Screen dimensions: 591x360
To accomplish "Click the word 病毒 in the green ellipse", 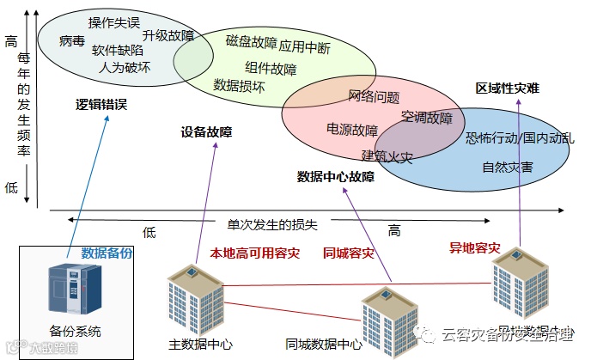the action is [x=72, y=40].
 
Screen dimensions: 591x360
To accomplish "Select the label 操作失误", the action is [x=114, y=21].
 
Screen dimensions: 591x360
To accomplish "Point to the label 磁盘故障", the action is [x=251, y=41].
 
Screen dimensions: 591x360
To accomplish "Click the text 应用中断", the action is [x=305, y=46].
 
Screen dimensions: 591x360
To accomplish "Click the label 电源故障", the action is [x=352, y=131].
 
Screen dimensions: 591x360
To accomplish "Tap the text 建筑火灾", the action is [x=387, y=157].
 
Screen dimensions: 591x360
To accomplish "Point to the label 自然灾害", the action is [x=507, y=167].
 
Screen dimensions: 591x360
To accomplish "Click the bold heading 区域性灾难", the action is [x=508, y=88].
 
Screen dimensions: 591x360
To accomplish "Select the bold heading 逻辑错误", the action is [x=101, y=105].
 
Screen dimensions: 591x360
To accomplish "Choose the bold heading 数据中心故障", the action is [x=336, y=177].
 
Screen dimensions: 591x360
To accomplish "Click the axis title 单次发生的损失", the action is [x=272, y=224].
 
